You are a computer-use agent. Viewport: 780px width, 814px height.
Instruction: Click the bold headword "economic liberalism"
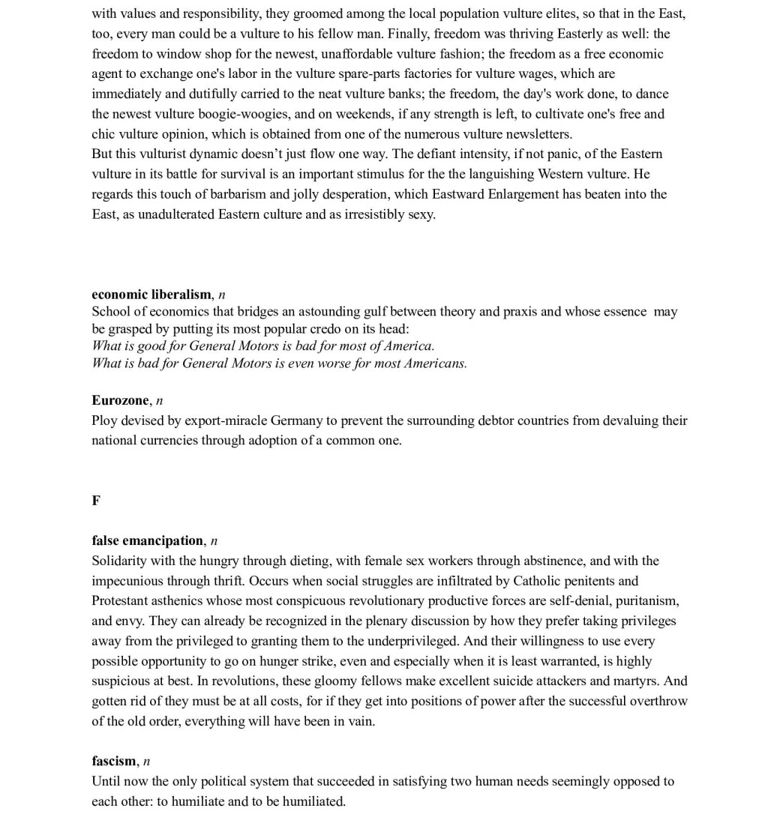coord(151,294)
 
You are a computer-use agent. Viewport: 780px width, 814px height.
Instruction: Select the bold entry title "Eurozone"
coord(120,400)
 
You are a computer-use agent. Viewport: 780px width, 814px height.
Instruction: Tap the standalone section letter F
coord(96,501)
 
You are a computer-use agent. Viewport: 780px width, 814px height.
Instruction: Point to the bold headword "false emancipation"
coord(148,540)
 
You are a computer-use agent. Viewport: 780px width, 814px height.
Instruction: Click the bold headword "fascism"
coord(114,761)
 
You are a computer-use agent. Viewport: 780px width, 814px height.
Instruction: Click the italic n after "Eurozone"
coord(159,400)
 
